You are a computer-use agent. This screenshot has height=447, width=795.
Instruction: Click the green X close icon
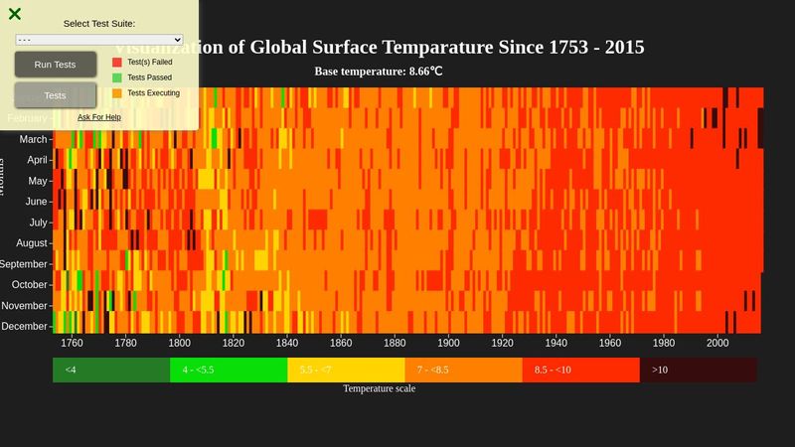click(x=15, y=14)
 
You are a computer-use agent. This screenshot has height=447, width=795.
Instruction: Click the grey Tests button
click(x=55, y=95)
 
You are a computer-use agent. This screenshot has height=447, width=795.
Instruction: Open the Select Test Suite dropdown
click(x=99, y=40)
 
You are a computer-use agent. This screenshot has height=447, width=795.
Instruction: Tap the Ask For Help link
click(x=99, y=117)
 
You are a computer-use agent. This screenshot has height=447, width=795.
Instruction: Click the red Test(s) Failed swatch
click(x=117, y=62)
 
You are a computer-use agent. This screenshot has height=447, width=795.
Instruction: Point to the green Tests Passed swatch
click(x=117, y=77)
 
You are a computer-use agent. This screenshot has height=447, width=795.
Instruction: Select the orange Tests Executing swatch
click(x=117, y=93)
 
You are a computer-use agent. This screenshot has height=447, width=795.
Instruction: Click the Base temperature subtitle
click(x=379, y=72)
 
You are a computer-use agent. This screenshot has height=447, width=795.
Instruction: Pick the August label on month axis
click(x=32, y=243)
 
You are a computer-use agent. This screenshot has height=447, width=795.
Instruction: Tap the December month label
click(x=25, y=327)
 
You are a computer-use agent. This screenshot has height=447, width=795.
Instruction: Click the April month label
click(x=37, y=160)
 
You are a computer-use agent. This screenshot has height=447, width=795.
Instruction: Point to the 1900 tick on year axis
click(x=448, y=344)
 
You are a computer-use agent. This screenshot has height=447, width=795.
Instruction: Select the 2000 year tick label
click(x=717, y=344)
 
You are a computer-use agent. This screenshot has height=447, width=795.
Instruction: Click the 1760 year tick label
click(x=72, y=344)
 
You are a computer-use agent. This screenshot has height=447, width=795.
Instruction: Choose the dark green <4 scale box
click(x=111, y=370)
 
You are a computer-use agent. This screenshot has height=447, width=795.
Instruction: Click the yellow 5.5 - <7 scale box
click(x=346, y=370)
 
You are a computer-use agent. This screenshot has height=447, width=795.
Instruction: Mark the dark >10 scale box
click(x=698, y=370)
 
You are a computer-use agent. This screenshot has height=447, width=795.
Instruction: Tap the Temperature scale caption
click(x=380, y=388)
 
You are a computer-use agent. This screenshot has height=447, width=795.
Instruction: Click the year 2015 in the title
click(x=623, y=48)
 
